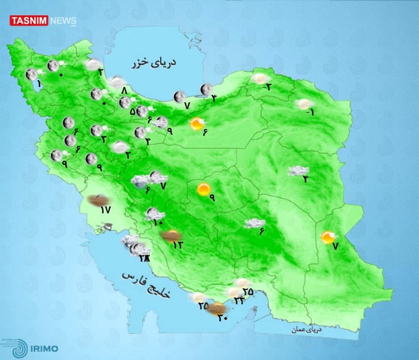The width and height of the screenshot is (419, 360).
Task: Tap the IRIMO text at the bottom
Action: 44,348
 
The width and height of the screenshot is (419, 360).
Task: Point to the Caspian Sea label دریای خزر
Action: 154,63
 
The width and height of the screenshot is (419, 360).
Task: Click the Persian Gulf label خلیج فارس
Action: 146,285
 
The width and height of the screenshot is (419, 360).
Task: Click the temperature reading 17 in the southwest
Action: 105,210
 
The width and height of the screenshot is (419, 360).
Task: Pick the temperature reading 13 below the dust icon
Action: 177,245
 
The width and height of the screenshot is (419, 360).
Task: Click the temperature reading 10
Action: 158,222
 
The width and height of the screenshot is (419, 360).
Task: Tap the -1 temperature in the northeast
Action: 310,113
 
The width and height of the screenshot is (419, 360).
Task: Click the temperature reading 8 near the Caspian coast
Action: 124,91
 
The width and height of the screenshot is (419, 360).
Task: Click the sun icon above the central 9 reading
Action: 203,189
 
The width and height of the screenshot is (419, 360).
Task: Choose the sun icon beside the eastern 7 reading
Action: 328,237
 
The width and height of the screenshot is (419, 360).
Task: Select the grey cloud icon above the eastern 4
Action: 298,171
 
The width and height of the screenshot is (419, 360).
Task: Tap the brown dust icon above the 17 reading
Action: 98,200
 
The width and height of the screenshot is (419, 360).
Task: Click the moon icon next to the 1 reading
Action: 31,74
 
